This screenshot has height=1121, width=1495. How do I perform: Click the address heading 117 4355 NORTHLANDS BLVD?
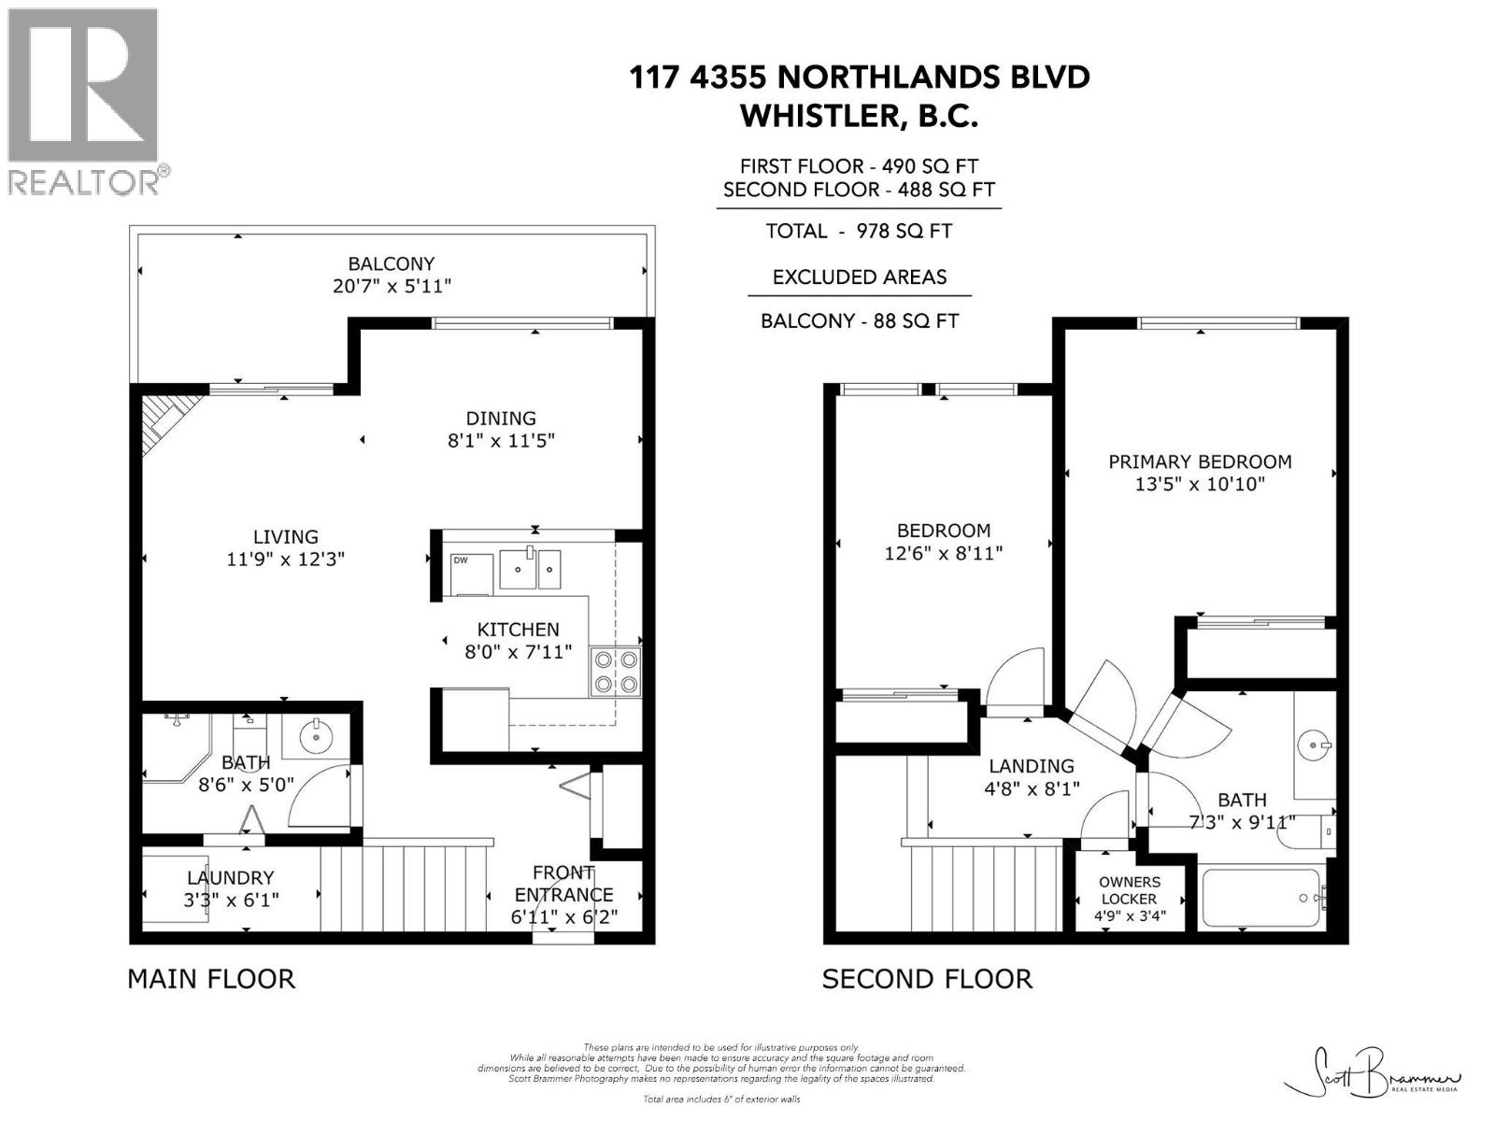point(859,77)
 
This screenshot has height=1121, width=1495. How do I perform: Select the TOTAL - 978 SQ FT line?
point(859,231)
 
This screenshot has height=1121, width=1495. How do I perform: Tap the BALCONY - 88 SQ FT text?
point(859,321)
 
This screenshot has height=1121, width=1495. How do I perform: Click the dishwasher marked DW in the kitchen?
point(470,574)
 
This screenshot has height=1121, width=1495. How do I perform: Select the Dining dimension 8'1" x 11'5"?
point(501,441)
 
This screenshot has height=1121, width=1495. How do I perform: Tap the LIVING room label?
point(285,537)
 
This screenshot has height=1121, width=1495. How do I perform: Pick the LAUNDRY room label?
point(230,878)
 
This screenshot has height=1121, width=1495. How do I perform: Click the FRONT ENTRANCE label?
point(563,884)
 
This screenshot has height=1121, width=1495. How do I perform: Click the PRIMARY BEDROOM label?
point(1200,461)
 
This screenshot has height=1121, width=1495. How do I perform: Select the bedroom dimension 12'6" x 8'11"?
point(943,553)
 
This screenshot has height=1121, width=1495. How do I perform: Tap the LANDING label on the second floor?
point(1032,766)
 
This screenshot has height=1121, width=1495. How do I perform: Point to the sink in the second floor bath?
point(1317,745)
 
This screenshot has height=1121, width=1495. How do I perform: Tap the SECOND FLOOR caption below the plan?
point(927,979)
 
